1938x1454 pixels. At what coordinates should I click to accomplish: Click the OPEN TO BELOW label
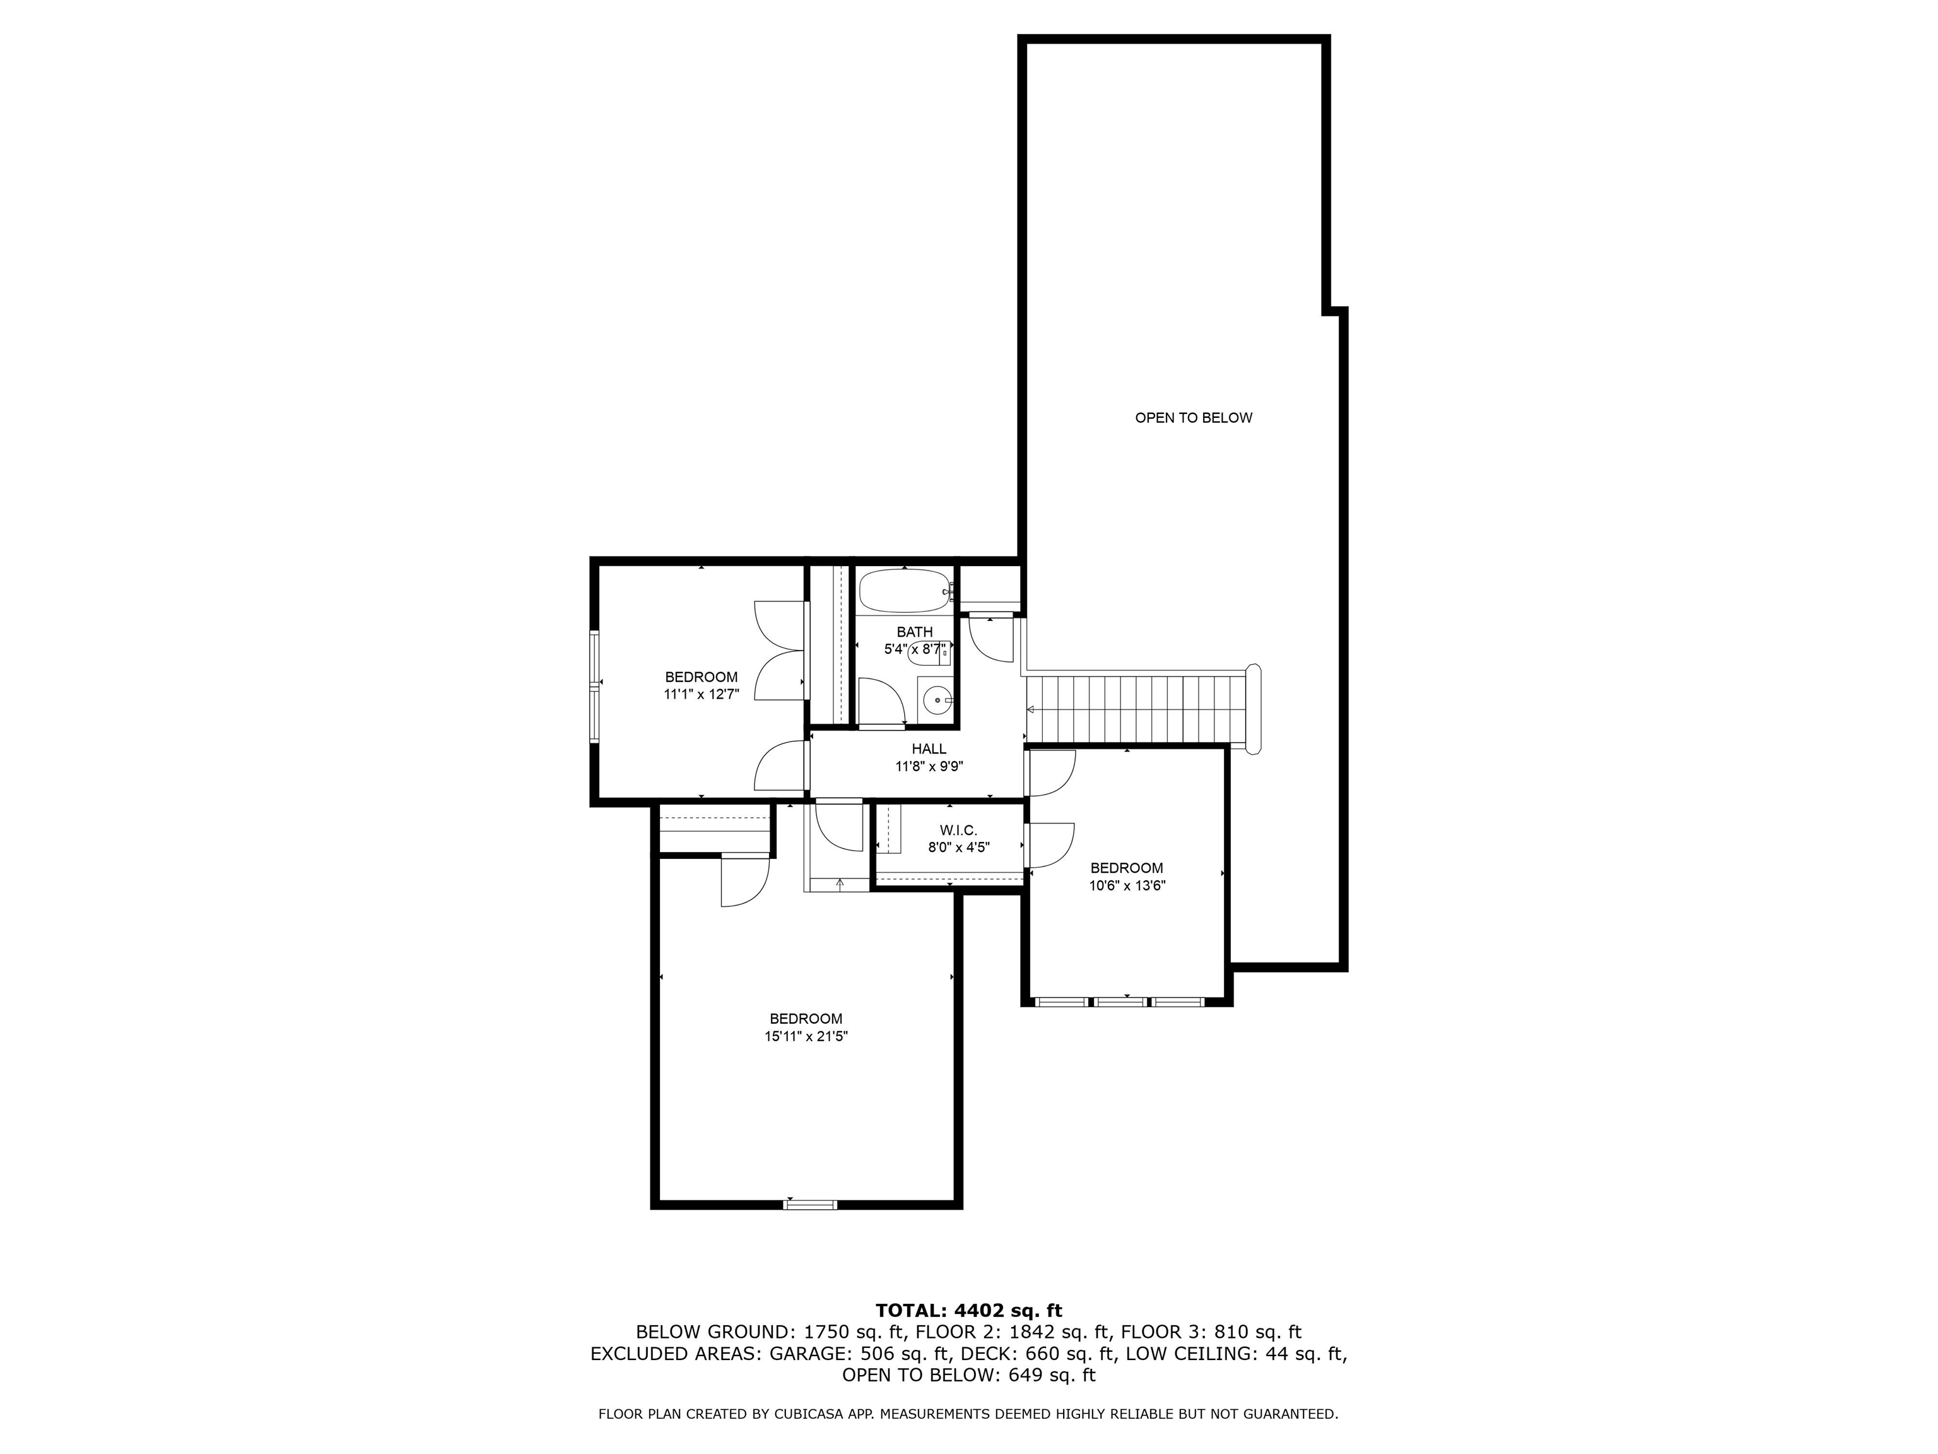pyautogui.click(x=1194, y=418)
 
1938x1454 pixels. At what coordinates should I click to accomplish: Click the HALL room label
pyautogui.click(x=929, y=748)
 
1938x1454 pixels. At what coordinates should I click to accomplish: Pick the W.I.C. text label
pyautogui.click(x=958, y=830)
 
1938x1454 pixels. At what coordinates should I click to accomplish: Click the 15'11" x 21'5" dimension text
pyautogui.click(x=806, y=1037)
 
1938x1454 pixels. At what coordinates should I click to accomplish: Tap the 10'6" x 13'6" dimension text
pyautogui.click(x=1127, y=885)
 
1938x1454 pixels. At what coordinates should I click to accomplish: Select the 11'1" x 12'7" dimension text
pyautogui.click(x=701, y=694)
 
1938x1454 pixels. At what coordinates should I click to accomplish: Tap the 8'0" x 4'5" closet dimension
pyautogui.click(x=958, y=848)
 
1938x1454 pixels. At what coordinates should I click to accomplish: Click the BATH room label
pyautogui.click(x=915, y=632)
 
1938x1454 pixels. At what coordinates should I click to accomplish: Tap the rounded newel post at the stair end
pyautogui.click(x=1254, y=708)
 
